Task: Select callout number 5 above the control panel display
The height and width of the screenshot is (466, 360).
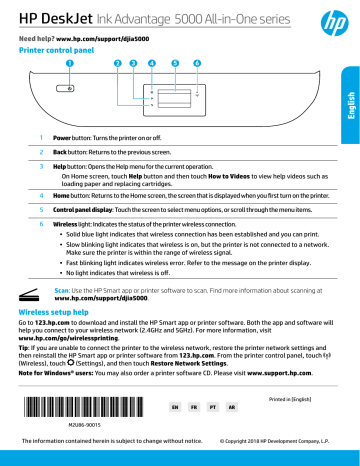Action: click(175, 64)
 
